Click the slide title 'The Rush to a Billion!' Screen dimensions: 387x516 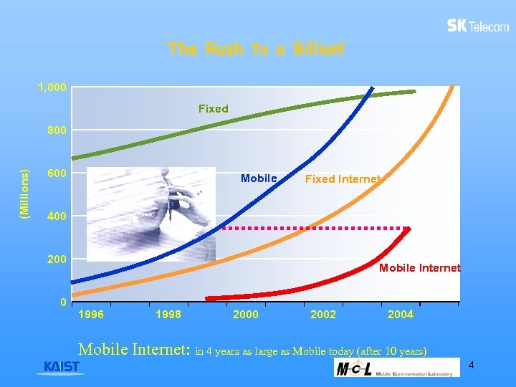256,49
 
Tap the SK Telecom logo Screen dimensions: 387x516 478,26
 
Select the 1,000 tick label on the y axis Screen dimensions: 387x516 52,87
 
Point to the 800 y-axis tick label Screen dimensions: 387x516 57,130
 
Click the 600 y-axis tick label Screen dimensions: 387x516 57,173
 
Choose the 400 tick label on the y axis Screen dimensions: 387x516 57,216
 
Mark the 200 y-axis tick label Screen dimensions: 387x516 57,259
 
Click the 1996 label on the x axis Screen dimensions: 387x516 90,315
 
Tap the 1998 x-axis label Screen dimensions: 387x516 168,315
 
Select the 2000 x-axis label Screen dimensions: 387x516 246,315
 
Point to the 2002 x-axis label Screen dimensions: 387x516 323,315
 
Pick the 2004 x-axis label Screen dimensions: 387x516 401,315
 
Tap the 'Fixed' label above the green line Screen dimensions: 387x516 213,109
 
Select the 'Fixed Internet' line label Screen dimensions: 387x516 343,179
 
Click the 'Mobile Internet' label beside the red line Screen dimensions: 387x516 419,268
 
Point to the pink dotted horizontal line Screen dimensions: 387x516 315,228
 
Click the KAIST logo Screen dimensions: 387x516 62,367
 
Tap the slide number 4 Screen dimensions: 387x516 471,366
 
